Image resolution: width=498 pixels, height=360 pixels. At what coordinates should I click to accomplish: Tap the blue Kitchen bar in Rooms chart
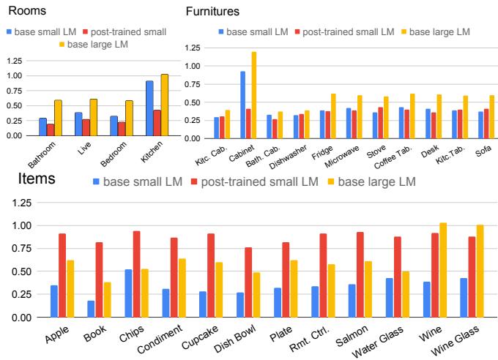149,108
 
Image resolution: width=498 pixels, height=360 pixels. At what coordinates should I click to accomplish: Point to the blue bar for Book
90,309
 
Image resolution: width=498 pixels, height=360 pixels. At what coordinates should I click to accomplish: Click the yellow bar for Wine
442,270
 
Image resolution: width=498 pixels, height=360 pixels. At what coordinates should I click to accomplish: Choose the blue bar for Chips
129,293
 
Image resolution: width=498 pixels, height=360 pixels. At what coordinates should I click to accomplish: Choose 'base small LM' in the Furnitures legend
252,31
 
